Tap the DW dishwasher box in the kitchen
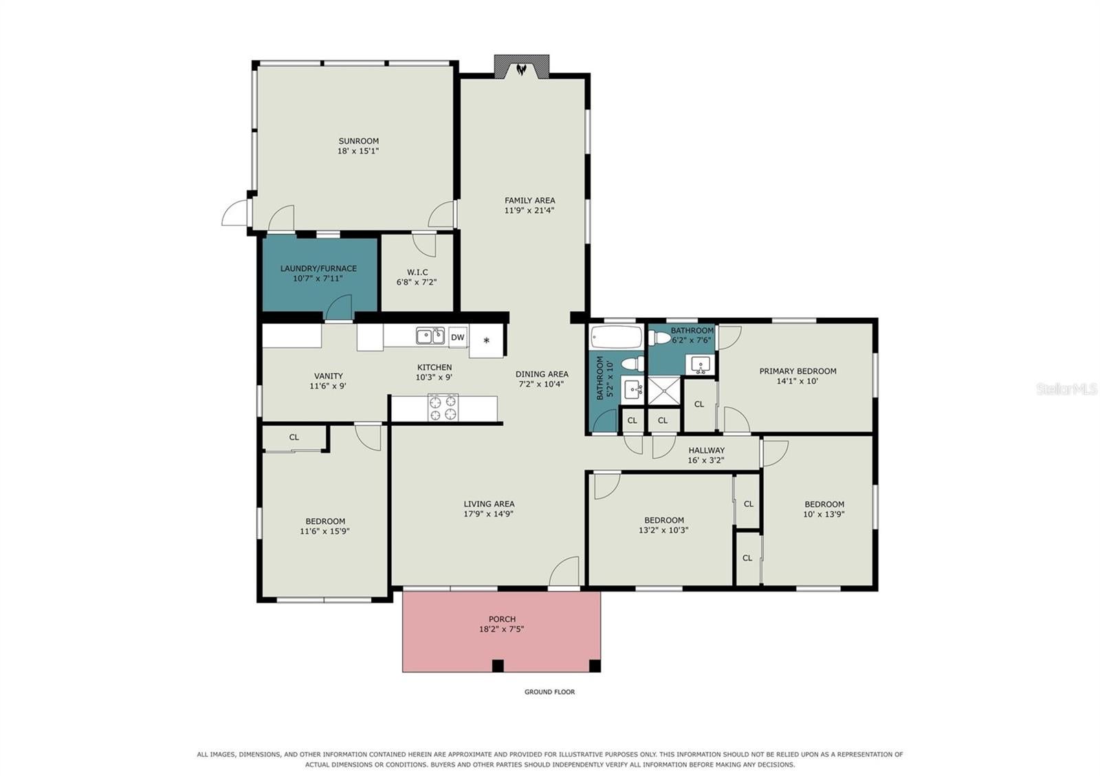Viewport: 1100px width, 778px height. [x=458, y=337]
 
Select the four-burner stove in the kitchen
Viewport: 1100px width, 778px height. [x=443, y=407]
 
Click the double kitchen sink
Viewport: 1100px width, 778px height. [x=430, y=336]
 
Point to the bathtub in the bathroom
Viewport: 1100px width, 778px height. [x=616, y=337]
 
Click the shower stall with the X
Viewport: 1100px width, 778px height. [x=664, y=391]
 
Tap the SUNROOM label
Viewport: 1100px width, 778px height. [x=358, y=141]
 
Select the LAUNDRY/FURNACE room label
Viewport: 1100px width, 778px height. [x=318, y=268]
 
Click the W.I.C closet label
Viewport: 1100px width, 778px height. [x=417, y=272]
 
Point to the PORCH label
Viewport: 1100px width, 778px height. [x=502, y=619]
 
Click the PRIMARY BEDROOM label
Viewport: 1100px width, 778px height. [x=797, y=371]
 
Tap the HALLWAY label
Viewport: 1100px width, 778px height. [x=706, y=450]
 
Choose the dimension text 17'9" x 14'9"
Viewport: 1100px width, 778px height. [x=489, y=514]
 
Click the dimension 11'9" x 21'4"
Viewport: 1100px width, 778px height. [x=529, y=210]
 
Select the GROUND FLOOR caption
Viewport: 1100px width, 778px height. [x=549, y=692]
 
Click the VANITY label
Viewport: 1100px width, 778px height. [x=328, y=376]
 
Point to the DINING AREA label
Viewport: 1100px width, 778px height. [x=542, y=374]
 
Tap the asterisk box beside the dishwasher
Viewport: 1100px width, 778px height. [x=486, y=340]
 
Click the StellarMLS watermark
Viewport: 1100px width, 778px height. [x=1066, y=389]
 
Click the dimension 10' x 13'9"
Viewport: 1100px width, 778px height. [x=824, y=514]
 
